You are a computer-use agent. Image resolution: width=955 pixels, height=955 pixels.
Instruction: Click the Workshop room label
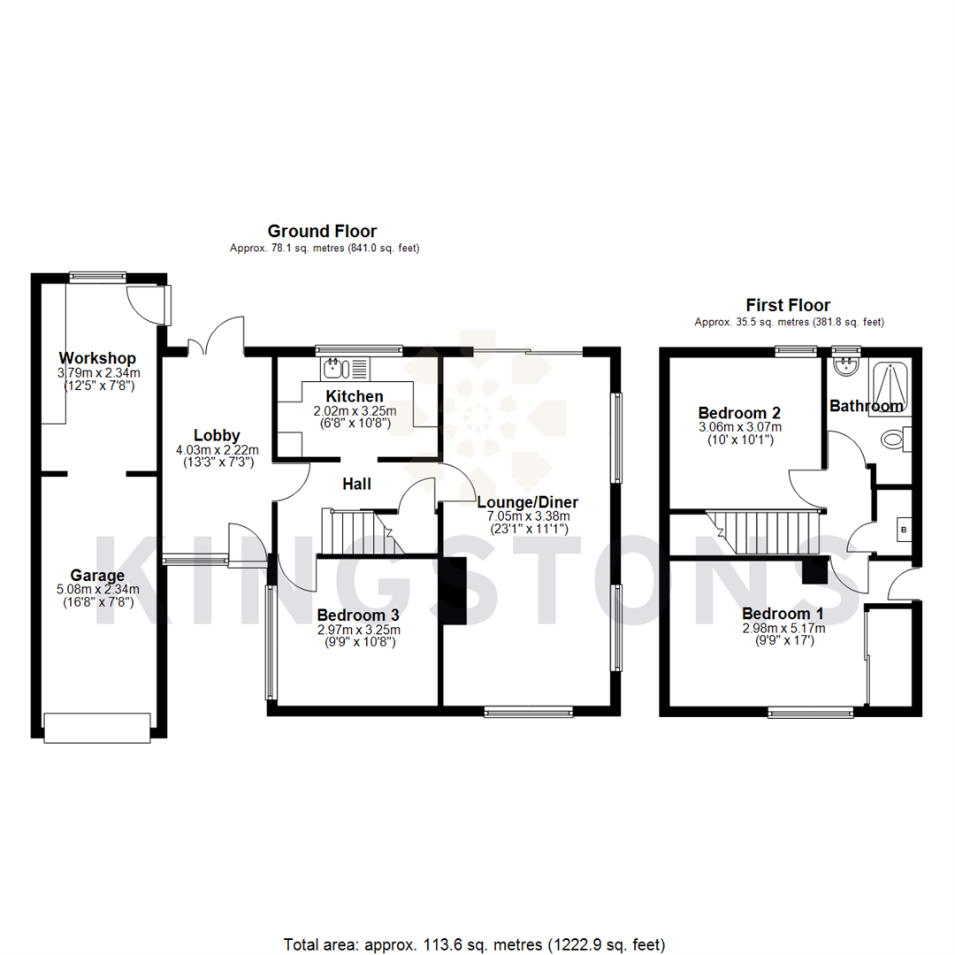(x=98, y=358)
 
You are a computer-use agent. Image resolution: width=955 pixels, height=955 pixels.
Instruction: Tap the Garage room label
(x=97, y=576)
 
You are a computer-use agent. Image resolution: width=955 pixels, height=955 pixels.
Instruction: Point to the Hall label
(x=356, y=484)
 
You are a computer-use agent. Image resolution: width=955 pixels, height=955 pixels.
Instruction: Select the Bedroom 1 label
(x=783, y=614)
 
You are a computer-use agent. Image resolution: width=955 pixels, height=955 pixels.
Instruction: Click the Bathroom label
(x=866, y=406)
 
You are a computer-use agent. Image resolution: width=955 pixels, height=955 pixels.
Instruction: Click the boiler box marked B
(x=903, y=530)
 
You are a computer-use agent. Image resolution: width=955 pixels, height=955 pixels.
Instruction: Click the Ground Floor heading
(x=322, y=232)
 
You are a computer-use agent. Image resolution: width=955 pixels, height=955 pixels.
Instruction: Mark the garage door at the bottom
(x=97, y=728)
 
